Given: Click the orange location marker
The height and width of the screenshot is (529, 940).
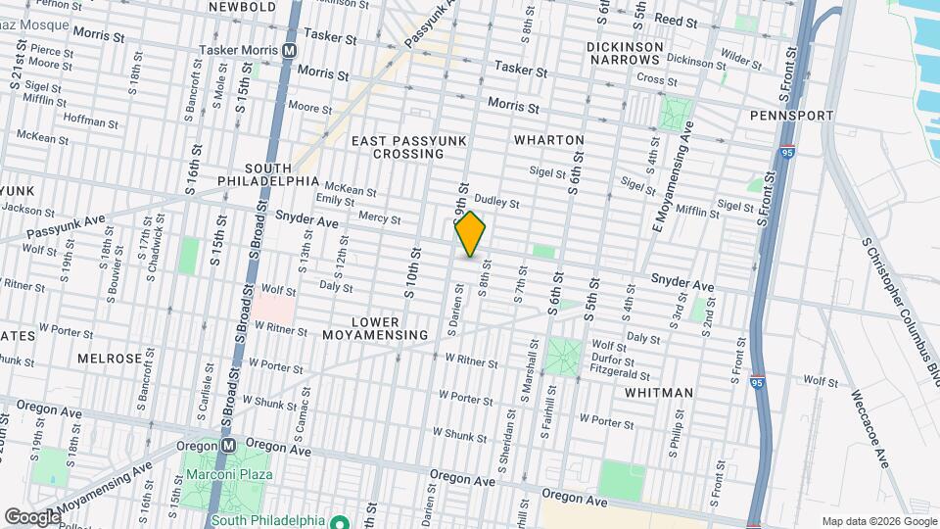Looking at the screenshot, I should click(471, 234).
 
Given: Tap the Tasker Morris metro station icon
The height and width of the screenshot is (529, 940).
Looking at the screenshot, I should click(290, 49).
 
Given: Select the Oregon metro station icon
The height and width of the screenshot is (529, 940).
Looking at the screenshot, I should click(228, 444).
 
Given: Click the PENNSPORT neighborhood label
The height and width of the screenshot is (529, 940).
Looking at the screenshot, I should click(791, 116).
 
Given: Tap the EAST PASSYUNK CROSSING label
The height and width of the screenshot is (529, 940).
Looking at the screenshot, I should click(409, 148).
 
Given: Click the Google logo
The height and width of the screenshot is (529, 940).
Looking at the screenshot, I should click(32, 516).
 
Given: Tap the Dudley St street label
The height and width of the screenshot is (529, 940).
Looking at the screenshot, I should click(495, 203).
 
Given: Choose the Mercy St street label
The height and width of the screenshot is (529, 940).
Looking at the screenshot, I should click(372, 217).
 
